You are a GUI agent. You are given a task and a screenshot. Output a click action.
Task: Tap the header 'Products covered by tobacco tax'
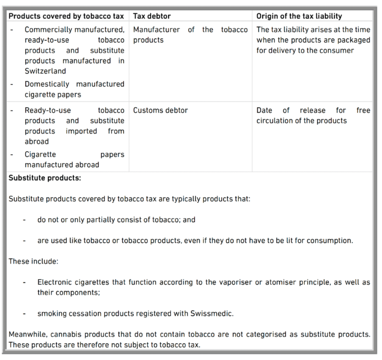(x=67, y=16)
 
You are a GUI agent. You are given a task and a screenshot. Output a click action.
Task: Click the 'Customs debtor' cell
(x=160, y=110)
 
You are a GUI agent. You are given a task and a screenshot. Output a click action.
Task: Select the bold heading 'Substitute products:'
(x=45, y=178)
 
